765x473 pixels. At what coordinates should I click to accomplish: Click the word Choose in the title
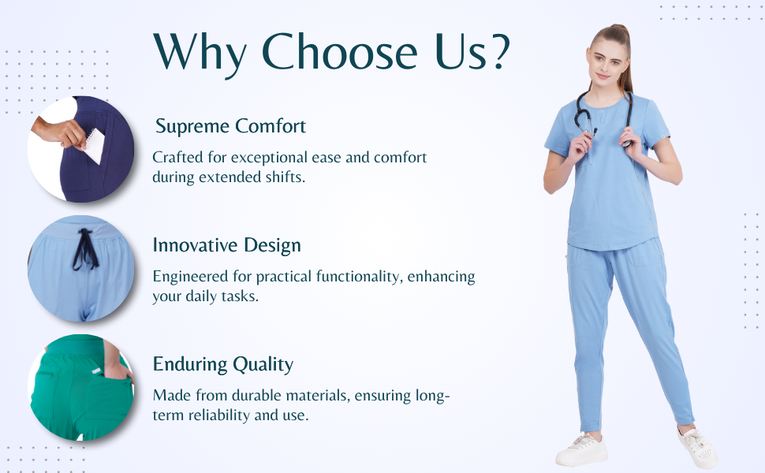tap(339, 52)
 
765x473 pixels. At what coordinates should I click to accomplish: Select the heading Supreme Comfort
tap(230, 126)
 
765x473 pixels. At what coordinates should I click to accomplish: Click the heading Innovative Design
tap(227, 245)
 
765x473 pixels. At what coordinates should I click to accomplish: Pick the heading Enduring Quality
tap(223, 365)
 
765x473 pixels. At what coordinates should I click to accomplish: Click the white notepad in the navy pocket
tap(94, 145)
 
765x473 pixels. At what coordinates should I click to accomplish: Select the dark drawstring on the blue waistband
tap(85, 249)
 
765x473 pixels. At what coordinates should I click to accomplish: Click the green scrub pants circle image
tap(81, 388)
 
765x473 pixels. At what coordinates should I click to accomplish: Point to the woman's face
tap(606, 63)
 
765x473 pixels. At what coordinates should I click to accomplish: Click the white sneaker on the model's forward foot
tap(582, 449)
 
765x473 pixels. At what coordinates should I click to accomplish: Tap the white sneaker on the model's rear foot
tap(698, 447)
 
